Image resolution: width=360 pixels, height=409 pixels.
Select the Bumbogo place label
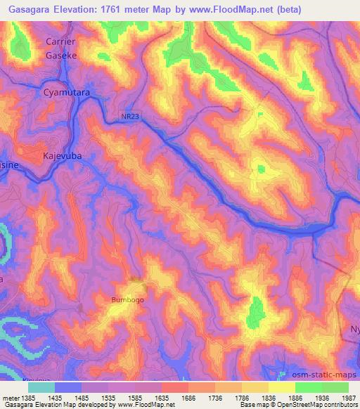127,300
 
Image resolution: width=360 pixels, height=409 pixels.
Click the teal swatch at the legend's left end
41,387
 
